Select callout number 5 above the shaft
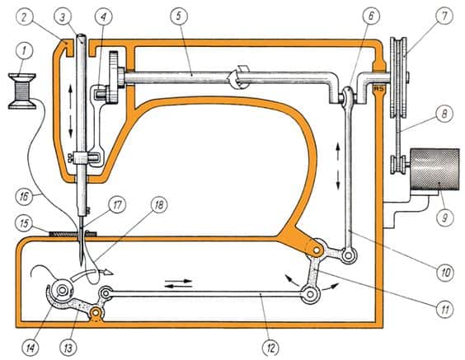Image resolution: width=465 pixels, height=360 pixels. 176,15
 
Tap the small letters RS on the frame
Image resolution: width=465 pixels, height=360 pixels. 380,84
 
